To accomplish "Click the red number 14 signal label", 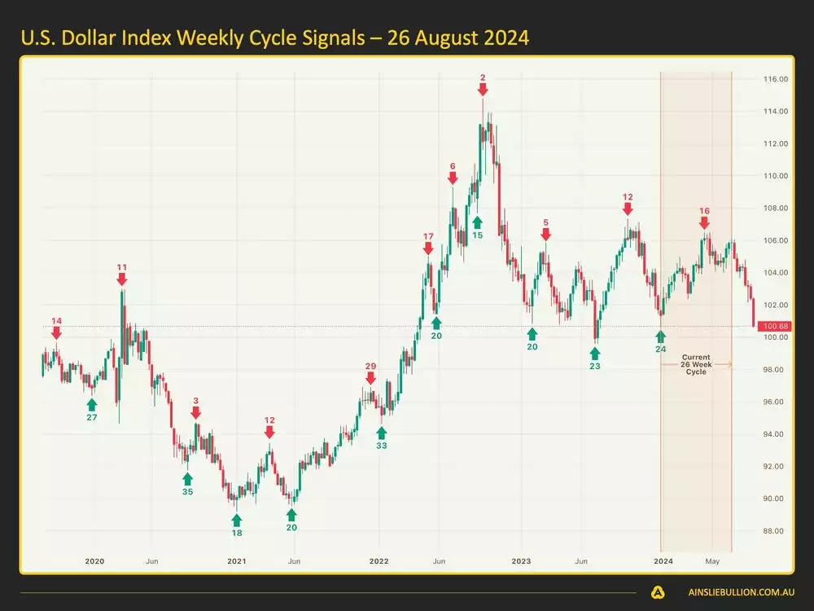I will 56,321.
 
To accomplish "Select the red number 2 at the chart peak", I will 483,77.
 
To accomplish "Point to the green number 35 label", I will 188,491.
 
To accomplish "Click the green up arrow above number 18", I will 237,519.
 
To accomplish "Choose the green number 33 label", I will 382,446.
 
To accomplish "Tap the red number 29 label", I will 371,367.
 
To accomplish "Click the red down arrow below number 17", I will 428,248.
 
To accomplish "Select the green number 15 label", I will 477,235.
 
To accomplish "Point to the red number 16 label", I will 704,210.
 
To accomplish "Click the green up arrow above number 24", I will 660,335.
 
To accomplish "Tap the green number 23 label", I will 595,366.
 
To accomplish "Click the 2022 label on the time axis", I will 379,561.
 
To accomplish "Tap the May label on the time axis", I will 712,561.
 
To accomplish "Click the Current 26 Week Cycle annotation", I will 696,364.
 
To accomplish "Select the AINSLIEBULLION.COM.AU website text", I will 734,592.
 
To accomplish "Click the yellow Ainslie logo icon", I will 658,592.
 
